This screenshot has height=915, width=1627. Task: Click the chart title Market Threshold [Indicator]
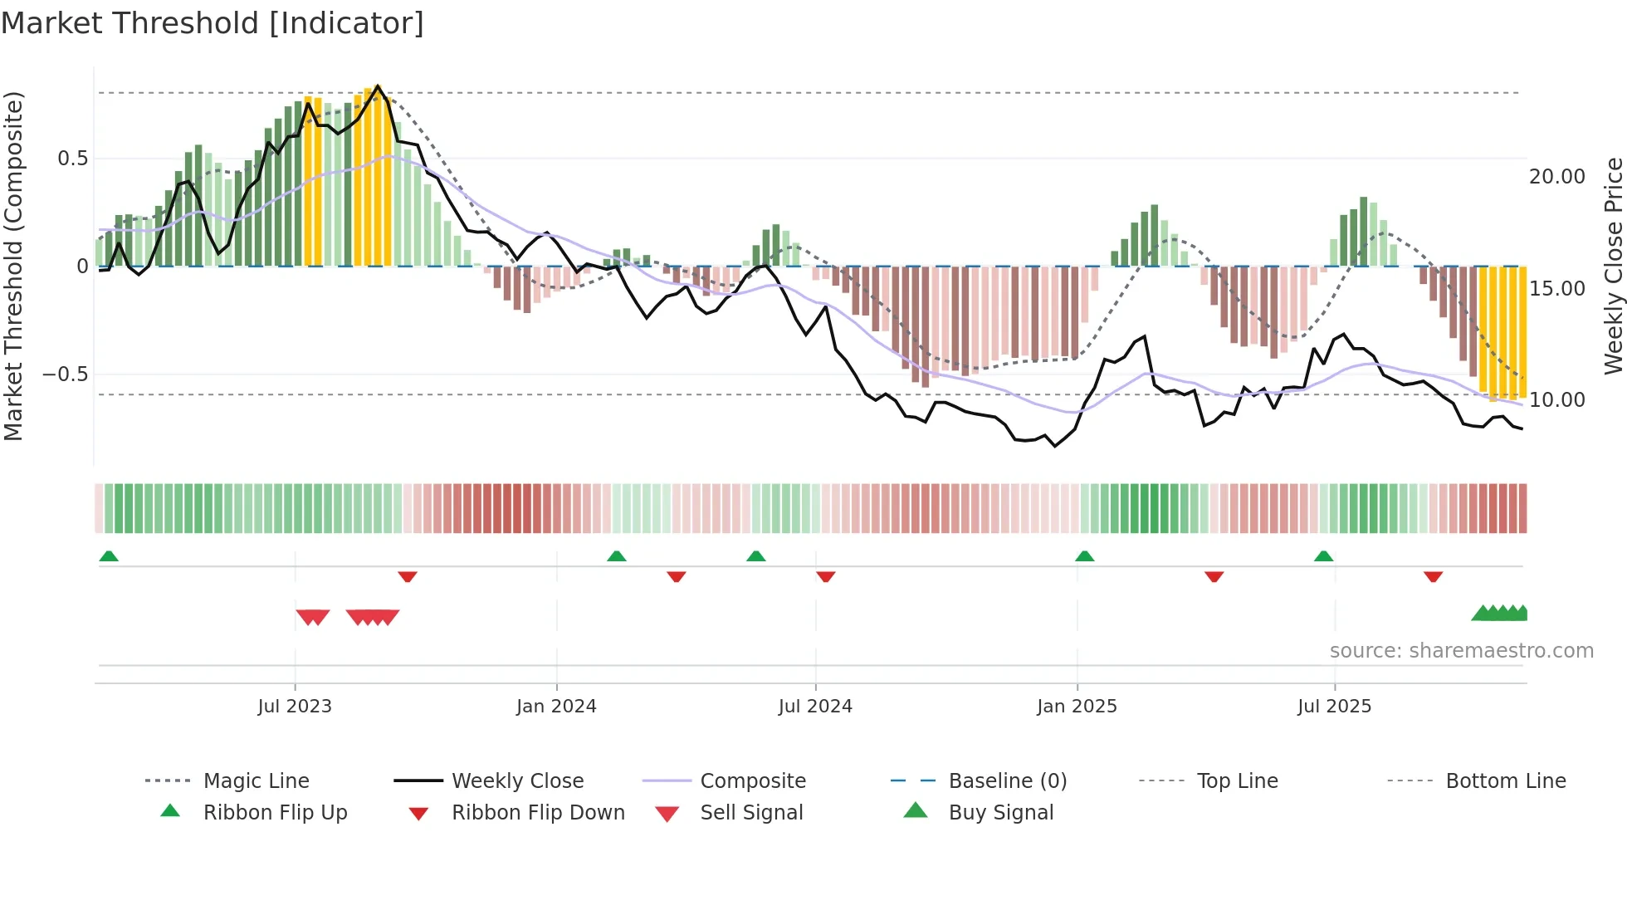[x=213, y=23]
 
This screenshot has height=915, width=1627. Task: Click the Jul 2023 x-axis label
[x=295, y=707]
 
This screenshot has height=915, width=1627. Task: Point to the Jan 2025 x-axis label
[x=1077, y=707]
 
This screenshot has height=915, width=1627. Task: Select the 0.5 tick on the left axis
[x=73, y=159]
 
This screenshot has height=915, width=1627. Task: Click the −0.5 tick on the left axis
[x=66, y=374]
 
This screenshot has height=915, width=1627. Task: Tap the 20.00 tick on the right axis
[x=1557, y=177]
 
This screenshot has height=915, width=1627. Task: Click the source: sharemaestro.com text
[x=1461, y=651]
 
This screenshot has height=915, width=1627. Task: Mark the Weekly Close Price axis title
[x=1613, y=266]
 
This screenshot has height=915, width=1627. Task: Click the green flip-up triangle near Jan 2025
[x=1084, y=556]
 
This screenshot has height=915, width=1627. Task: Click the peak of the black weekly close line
[x=378, y=86]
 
